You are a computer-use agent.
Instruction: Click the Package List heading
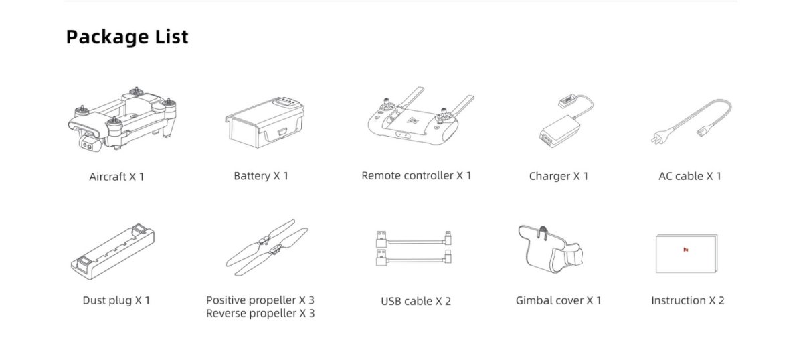tap(127, 37)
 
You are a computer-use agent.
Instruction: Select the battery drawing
tap(264, 122)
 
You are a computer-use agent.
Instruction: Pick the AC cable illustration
tap(691, 122)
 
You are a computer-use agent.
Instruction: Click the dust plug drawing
tap(112, 252)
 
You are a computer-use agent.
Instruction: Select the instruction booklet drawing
tap(687, 254)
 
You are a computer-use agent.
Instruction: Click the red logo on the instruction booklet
tap(685, 250)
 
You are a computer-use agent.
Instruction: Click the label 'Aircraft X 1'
tap(116, 177)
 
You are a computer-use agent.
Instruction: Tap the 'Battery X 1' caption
tap(261, 176)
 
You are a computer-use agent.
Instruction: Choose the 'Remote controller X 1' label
tap(416, 176)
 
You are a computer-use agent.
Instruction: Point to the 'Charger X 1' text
tap(559, 177)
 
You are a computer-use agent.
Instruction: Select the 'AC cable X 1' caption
tap(690, 177)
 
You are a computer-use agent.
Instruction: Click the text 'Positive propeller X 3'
tap(260, 300)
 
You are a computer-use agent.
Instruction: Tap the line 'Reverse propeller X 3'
tap(260, 313)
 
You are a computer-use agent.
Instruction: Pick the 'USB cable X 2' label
tap(416, 302)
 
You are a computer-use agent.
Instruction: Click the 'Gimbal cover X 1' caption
tap(558, 301)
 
